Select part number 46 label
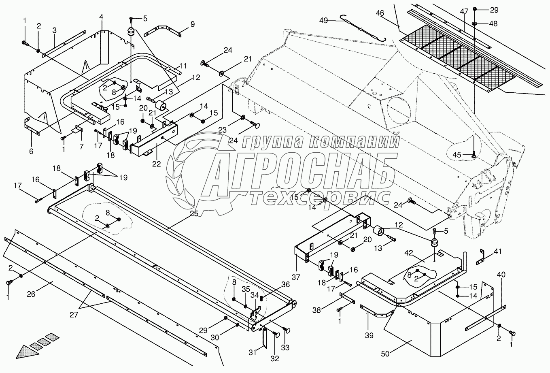click(x=380, y=13)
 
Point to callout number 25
click(x=194, y=214)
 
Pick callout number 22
click(x=156, y=164)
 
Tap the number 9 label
click(x=192, y=24)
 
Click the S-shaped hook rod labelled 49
click(x=364, y=28)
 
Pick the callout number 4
click(x=101, y=17)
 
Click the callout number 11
click(x=183, y=66)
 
